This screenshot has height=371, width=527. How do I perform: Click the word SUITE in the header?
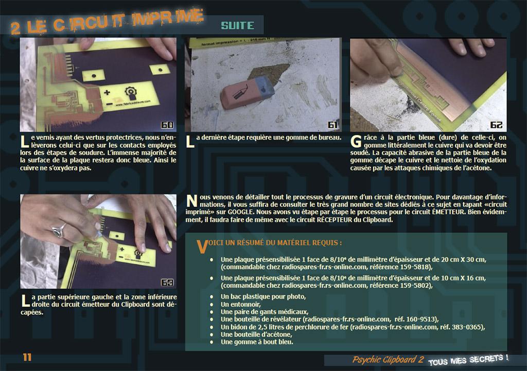pos(237,26)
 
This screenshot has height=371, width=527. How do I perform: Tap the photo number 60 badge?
pos(167,125)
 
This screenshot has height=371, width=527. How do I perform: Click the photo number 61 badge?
pos(332,125)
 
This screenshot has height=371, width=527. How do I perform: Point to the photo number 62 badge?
pos(496,125)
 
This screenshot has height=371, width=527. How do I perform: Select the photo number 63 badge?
pos(167,282)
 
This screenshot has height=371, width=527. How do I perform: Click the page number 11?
pos(27,357)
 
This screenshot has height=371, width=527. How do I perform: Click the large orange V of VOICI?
pos(202,247)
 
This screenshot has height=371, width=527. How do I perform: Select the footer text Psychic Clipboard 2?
pos(388,360)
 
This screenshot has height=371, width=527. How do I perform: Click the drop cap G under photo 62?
pos(356,141)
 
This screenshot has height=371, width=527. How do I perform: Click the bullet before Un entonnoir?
pos(212,305)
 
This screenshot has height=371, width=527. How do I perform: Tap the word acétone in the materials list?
pos(279,334)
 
